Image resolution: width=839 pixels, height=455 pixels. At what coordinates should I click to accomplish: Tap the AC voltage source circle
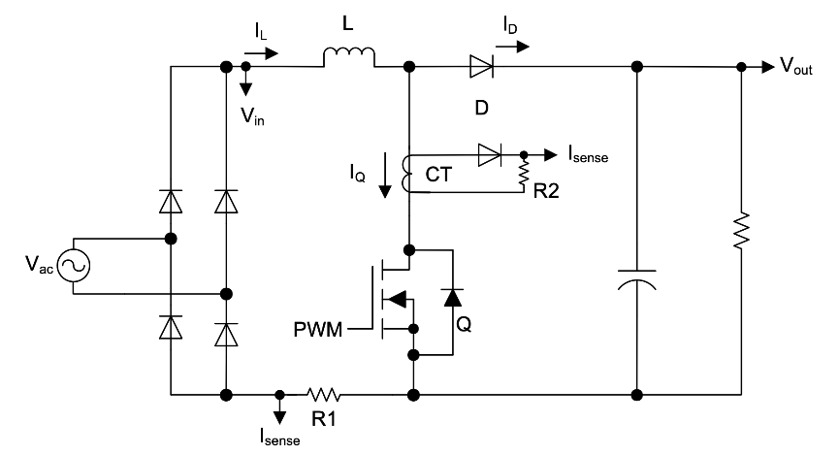(74, 266)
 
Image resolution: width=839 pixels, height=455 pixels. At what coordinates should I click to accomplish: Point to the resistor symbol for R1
(323, 395)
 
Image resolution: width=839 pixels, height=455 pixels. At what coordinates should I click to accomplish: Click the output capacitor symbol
(637, 279)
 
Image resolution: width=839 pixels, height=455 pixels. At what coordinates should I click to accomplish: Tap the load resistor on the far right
(741, 231)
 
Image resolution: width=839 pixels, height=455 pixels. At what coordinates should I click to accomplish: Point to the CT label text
(439, 175)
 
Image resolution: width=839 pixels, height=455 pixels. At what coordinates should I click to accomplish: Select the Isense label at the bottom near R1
(281, 439)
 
